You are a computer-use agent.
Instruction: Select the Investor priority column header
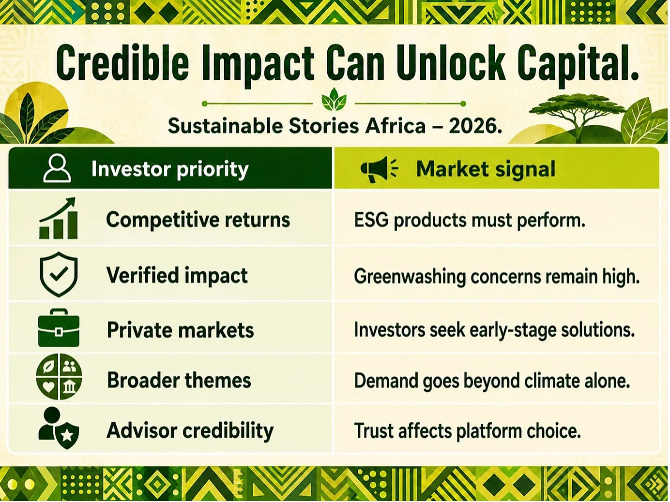point(170,169)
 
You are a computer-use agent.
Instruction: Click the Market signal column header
point(486,169)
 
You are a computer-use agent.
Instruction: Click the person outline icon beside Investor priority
point(57,168)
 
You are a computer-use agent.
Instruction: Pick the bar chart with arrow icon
point(58,218)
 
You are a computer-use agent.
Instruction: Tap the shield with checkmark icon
point(59,274)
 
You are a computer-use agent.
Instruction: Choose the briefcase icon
point(59,328)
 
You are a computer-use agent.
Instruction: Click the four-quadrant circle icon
point(59,377)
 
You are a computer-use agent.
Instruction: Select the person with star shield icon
point(58,428)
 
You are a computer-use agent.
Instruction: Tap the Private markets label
point(181,330)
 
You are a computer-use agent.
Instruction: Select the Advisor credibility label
point(190,431)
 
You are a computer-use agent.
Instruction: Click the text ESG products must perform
point(470,220)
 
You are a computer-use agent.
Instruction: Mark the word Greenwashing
point(410,277)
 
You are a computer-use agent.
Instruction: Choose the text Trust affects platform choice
point(467,431)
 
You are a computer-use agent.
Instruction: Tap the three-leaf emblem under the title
point(334,99)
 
